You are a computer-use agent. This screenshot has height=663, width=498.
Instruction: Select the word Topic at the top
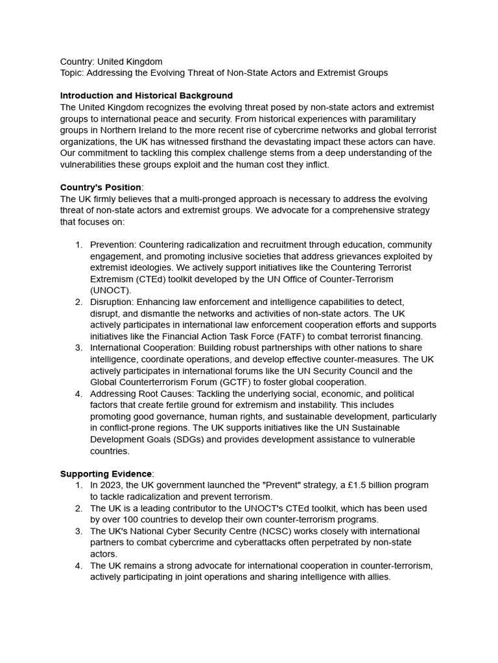point(72,73)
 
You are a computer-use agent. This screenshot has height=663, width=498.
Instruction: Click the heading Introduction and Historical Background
point(146,95)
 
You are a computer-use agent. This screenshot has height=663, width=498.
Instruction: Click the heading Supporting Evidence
point(106,473)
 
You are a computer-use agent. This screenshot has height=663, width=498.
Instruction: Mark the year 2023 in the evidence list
point(113,485)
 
